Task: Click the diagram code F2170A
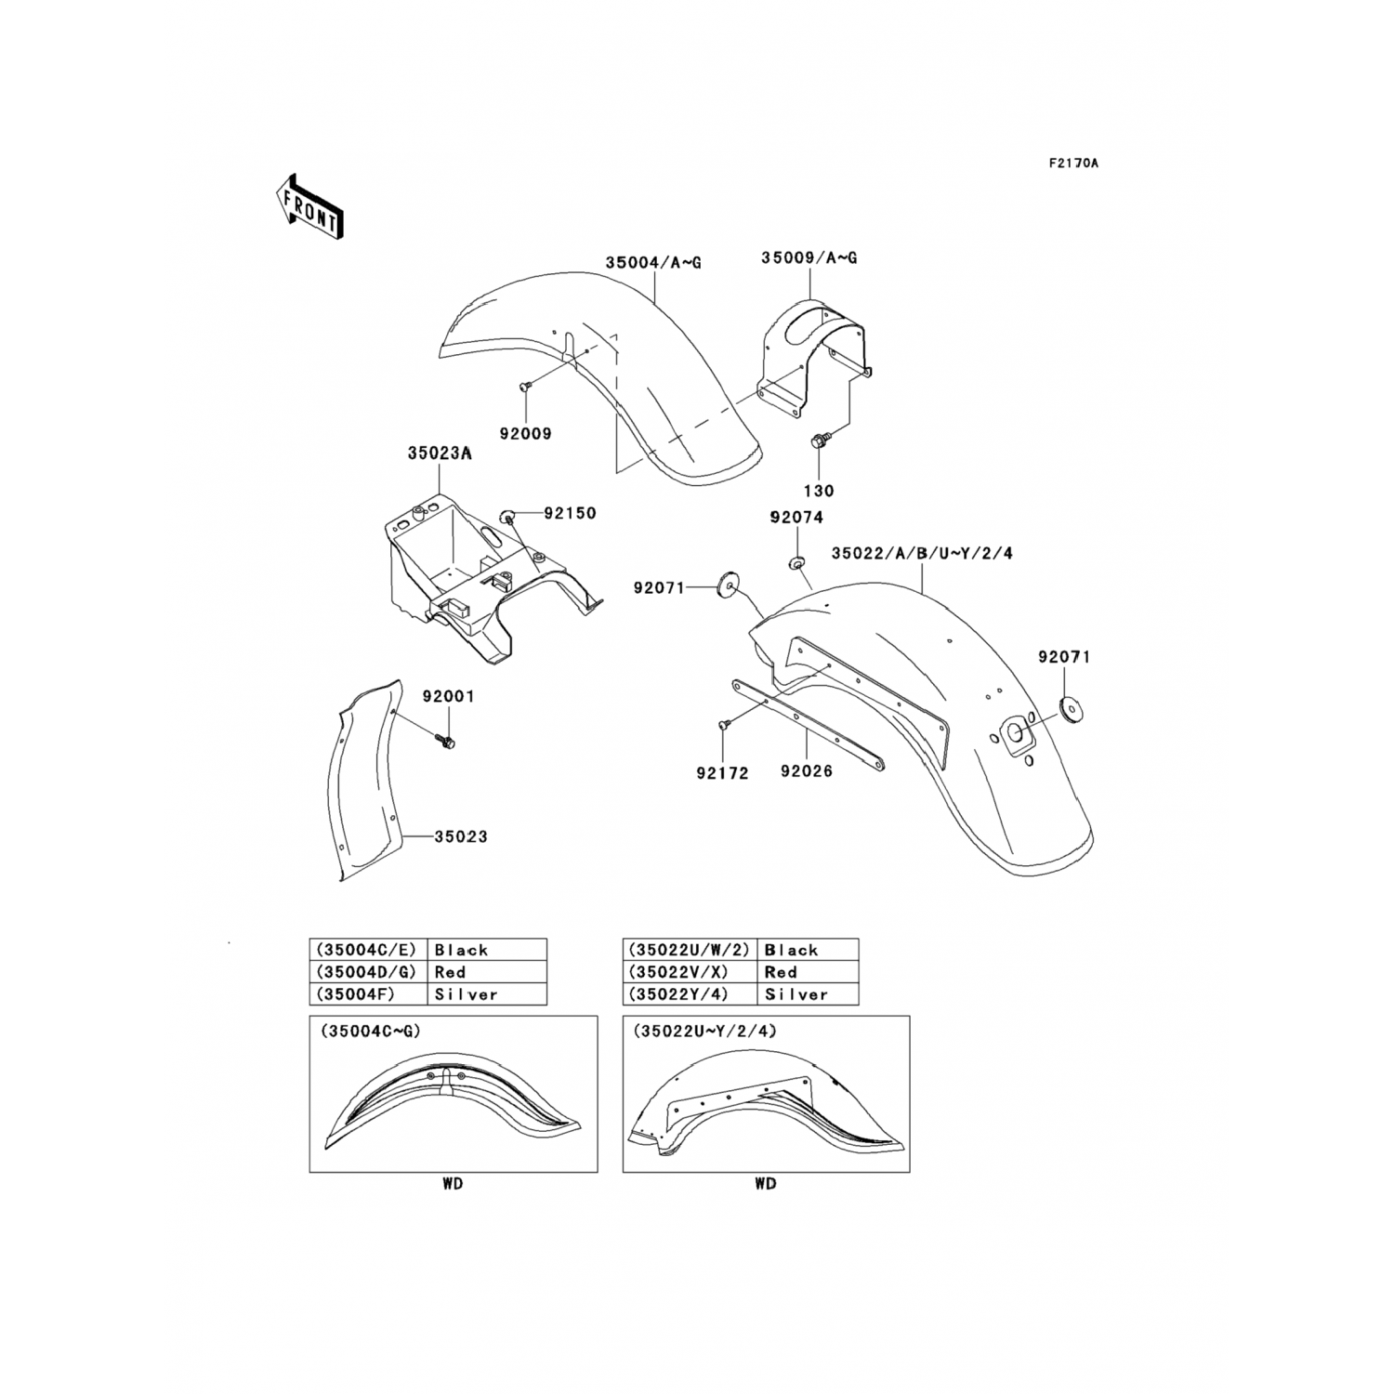pyautogui.click(x=1073, y=164)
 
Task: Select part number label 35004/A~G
pyautogui.click(x=653, y=263)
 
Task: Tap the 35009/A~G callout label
pyautogui.click(x=809, y=257)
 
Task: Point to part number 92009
pyautogui.click(x=525, y=434)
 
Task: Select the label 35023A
pyautogui.click(x=439, y=454)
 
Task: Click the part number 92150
pyautogui.click(x=570, y=513)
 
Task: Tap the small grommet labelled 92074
pyautogui.click(x=797, y=561)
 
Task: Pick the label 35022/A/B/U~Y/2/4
pyautogui.click(x=922, y=553)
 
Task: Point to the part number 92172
pyautogui.click(x=722, y=773)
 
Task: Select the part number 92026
pyautogui.click(x=807, y=771)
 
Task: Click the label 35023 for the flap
pyautogui.click(x=461, y=836)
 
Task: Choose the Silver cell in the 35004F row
pyautogui.click(x=466, y=994)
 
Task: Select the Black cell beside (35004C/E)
pyautogui.click(x=461, y=950)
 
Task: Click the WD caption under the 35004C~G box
pyautogui.click(x=453, y=1183)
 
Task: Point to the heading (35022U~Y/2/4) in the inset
pyautogui.click(x=704, y=1032)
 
